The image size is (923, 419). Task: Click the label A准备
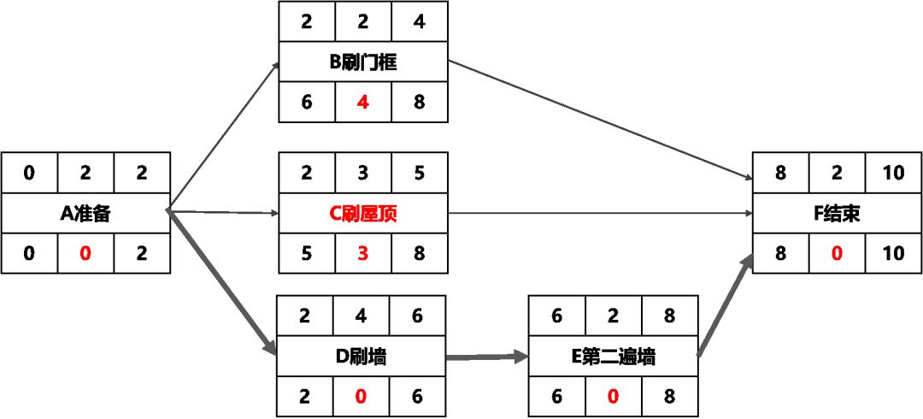pos(85,213)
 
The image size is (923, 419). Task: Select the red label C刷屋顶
pos(363,213)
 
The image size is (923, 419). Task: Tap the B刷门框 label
pos(363,62)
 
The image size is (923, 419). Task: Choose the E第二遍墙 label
pos(614,357)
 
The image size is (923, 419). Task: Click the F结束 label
pos(837,213)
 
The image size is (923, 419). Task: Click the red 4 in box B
pos(363,103)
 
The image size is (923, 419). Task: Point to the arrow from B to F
pos(598,120)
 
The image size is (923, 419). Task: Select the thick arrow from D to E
pos(487,357)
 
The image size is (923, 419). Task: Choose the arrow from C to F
pos(598,213)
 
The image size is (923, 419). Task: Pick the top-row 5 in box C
pos(418,173)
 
